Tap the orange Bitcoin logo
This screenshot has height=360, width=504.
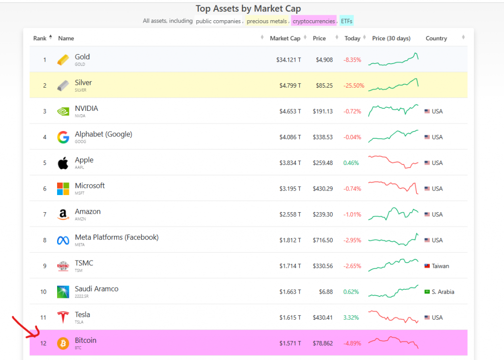point(63,343)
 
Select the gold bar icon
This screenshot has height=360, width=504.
point(63,60)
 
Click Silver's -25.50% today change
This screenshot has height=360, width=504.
point(353,86)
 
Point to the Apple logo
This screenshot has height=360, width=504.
point(63,163)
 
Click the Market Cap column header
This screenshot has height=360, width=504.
point(285,38)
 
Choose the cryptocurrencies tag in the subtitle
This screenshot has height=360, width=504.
point(314,21)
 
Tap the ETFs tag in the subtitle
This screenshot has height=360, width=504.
point(346,21)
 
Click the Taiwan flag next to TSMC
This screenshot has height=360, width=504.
point(427,266)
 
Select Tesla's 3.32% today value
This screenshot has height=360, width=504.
point(351,318)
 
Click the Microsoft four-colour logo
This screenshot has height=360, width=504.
point(63,189)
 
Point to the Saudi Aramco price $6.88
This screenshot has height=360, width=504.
point(325,292)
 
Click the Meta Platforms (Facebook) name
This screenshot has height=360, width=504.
point(117,237)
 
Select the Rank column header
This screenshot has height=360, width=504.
point(40,38)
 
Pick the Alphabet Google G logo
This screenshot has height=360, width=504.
point(63,137)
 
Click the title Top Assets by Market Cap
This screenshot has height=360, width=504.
point(248,9)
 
